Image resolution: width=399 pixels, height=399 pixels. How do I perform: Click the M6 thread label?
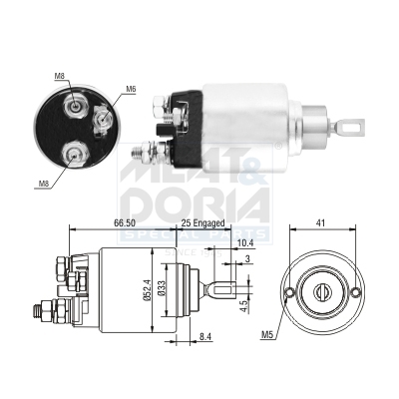[x=131, y=89]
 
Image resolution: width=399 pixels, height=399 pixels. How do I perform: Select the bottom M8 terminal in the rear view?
[x=73, y=153]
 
